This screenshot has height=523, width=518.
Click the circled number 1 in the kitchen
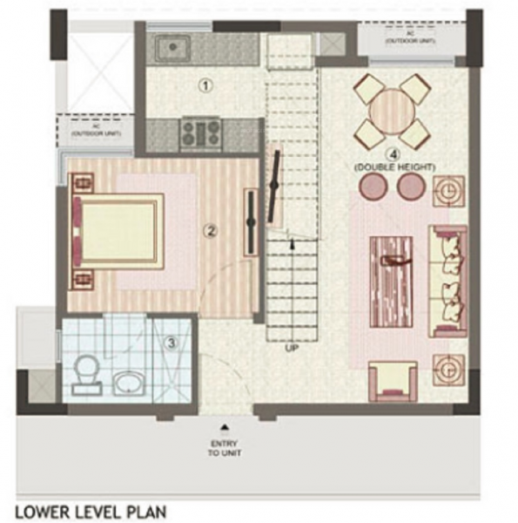click(205, 85)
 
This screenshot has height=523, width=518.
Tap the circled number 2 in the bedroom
click(209, 231)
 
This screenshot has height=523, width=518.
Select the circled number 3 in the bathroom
click(172, 343)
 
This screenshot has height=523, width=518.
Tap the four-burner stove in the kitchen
click(200, 134)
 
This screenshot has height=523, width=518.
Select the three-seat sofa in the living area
click(448, 281)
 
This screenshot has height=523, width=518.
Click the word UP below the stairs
click(293, 349)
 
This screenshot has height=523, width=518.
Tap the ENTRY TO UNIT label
click(225, 447)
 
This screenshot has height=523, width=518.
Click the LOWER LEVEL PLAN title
click(90, 509)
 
